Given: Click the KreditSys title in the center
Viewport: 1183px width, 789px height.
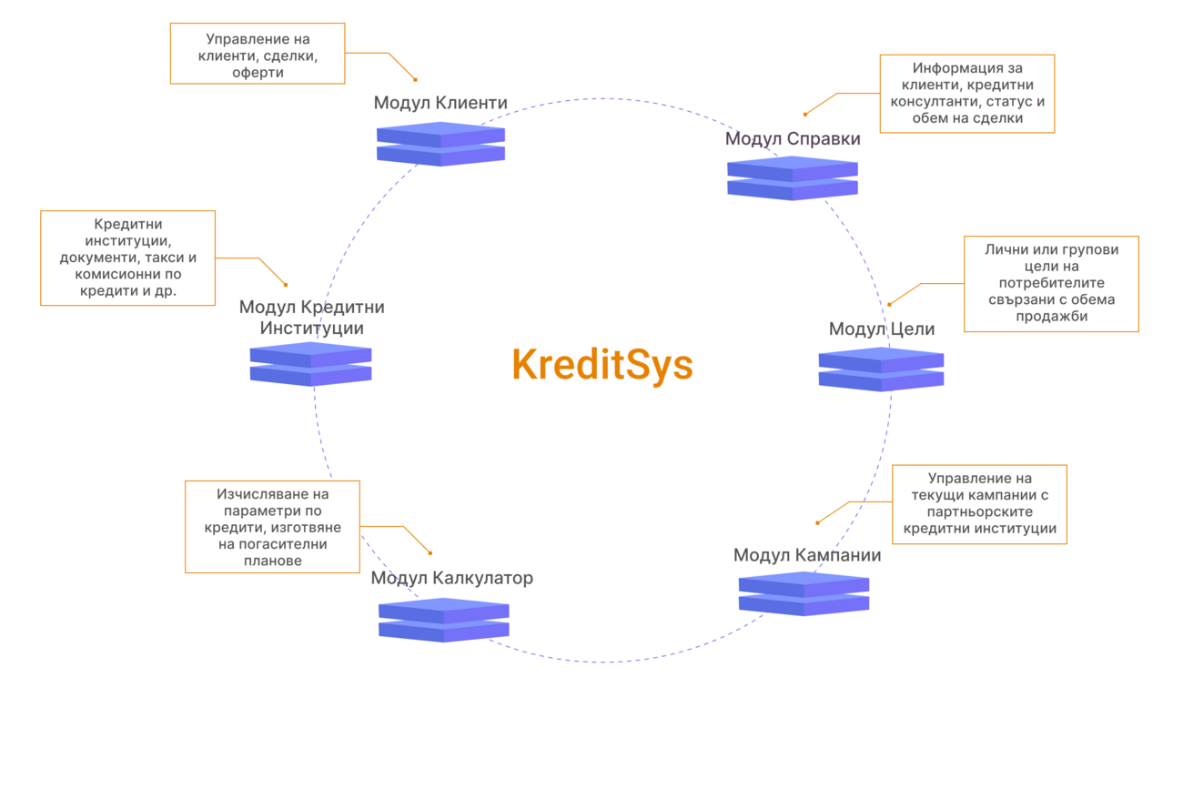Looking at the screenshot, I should click(x=602, y=366).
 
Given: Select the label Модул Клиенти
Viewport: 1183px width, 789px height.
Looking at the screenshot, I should click(x=440, y=103).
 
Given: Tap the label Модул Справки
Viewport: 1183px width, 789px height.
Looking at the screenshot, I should click(x=793, y=139).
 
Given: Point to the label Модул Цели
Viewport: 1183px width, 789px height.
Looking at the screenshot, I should click(x=881, y=329).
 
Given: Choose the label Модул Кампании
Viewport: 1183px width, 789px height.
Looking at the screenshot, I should click(x=807, y=555).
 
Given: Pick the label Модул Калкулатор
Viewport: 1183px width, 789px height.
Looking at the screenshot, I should click(x=451, y=578).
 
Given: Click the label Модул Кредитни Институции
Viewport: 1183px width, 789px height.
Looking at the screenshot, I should click(x=311, y=318).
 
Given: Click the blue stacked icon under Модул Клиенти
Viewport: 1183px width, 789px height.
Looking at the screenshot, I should click(x=440, y=144).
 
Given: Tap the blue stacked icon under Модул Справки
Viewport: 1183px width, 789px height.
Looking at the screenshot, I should click(x=793, y=177).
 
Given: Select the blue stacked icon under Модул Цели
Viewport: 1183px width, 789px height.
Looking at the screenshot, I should click(x=881, y=369).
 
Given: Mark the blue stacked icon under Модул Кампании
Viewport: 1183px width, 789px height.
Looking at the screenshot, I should click(x=804, y=593).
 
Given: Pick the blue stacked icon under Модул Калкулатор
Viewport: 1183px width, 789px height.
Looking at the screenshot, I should click(x=443, y=620).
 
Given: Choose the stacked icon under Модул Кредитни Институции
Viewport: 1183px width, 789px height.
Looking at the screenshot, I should click(x=310, y=364).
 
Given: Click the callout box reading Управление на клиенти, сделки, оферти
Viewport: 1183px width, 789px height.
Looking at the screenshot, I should click(x=258, y=55).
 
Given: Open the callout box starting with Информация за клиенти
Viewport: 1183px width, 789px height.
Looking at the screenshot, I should click(x=966, y=94).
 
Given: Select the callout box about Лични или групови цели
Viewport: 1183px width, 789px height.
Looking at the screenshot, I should click(x=1051, y=284).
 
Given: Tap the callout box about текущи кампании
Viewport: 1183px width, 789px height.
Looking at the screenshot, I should click(x=979, y=504).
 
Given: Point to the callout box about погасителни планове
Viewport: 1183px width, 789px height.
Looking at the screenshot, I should click(x=272, y=527).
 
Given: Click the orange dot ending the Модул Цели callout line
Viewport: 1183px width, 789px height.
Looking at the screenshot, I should click(x=889, y=304).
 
